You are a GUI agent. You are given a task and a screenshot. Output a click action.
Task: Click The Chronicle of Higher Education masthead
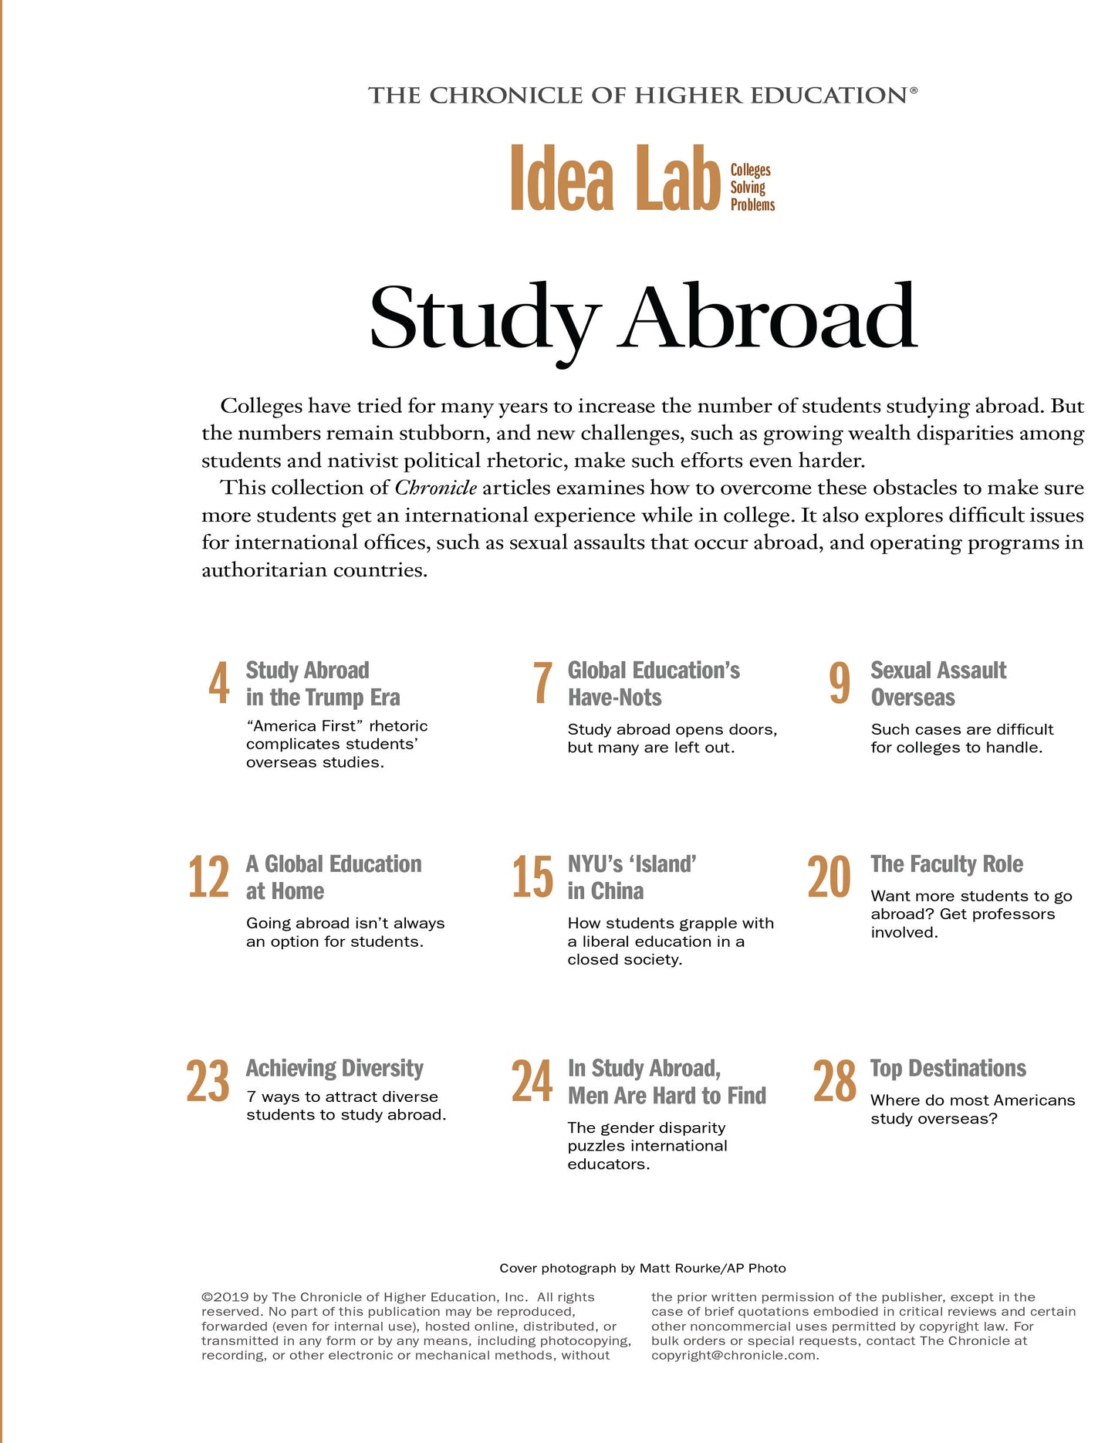pos(642,96)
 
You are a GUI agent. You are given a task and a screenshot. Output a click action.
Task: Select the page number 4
pos(219,684)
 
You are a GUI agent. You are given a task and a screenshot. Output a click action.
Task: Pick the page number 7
pos(542,684)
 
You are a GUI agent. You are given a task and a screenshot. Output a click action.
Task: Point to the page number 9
pos(840,684)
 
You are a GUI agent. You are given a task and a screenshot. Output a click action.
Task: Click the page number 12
pos(208,877)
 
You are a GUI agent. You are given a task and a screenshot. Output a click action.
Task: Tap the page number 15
pos(532,877)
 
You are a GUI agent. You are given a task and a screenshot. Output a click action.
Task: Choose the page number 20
pos(829,877)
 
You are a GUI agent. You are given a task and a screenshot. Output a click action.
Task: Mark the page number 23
pos(208,1082)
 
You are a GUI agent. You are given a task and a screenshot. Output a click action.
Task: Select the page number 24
pos(532,1082)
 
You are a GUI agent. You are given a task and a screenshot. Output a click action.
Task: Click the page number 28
pos(834,1082)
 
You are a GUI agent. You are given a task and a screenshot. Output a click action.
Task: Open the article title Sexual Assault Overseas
pos(938,684)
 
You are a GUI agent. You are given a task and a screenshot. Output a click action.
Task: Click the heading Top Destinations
pos(948,1069)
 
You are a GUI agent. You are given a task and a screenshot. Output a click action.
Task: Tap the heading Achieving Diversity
pos(335,1069)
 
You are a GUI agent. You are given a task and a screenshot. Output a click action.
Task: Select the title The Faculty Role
pos(947,864)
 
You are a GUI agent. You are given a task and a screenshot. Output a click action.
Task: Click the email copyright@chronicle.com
pos(734,1355)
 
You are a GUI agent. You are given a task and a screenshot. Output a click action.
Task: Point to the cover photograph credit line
pos(642,1268)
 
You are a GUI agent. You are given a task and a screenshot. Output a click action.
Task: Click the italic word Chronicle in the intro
pos(435,488)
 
